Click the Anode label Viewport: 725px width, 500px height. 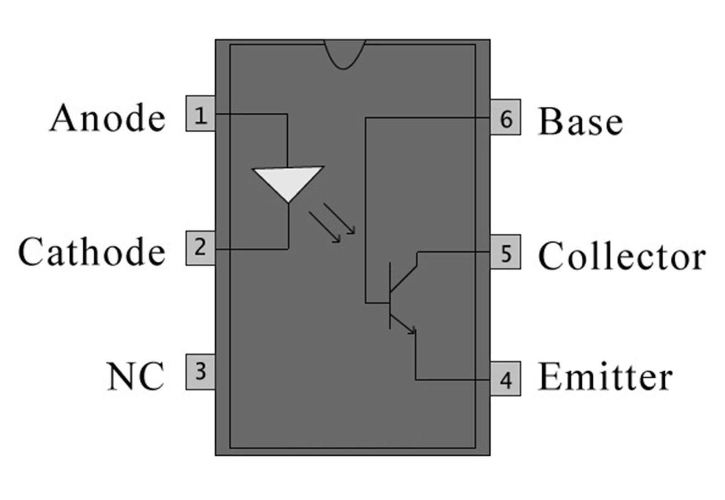point(107,117)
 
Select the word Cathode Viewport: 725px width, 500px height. point(92,251)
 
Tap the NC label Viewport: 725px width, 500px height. point(135,376)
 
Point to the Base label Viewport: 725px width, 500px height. point(580,122)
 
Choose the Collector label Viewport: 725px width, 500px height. point(622,255)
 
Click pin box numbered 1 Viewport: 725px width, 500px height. point(200,114)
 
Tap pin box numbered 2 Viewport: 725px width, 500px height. point(200,248)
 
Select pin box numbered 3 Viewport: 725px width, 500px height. point(200,372)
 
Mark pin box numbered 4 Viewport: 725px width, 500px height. point(506,379)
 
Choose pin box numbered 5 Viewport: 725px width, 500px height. point(506,252)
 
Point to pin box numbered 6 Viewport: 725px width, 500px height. point(506,117)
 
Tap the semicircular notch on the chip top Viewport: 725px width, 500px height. point(344,54)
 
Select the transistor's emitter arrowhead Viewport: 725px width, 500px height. point(412,331)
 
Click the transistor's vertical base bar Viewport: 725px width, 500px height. point(390,296)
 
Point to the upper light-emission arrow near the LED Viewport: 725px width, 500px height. point(339,218)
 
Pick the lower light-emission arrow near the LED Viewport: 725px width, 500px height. point(325,227)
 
